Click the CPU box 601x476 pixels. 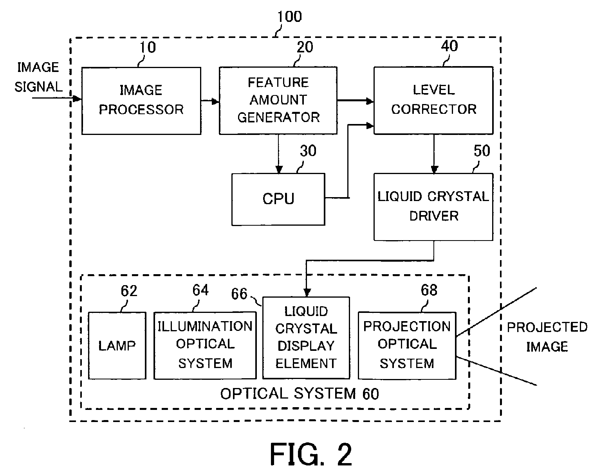click(278, 199)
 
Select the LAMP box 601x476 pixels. click(117, 345)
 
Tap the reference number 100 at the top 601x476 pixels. click(289, 16)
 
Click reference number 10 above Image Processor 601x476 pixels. click(148, 47)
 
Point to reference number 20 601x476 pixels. click(305, 47)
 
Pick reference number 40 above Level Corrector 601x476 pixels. click(449, 46)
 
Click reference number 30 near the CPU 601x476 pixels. click(308, 151)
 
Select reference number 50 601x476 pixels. click(482, 151)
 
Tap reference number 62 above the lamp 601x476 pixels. click(129, 291)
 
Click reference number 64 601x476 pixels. click(200, 290)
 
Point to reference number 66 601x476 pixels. click(239, 294)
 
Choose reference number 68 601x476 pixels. click(429, 290)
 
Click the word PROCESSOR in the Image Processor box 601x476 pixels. click(141, 110)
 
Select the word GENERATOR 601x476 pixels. click(278, 117)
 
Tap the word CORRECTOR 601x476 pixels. click(434, 109)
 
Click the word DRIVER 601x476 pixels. click(434, 216)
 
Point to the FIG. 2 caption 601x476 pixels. click(310, 454)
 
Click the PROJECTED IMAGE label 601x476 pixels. click(547, 337)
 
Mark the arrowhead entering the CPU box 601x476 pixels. click(279, 170)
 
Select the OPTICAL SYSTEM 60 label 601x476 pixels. click(300, 394)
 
